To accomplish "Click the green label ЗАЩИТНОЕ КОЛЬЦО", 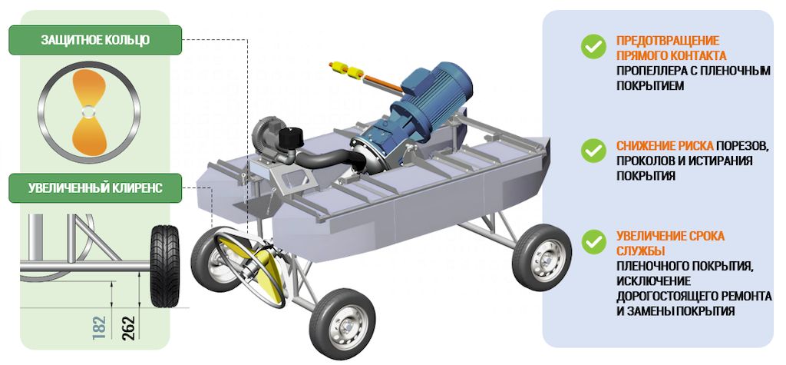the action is point(95,40).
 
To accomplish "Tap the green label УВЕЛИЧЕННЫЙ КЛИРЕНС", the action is point(95,188).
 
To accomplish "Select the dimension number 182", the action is point(100,327).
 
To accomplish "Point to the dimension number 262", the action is point(129,327).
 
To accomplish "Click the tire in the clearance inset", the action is point(164,266).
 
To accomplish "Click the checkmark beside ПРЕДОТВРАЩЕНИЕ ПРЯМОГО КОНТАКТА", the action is point(594,47).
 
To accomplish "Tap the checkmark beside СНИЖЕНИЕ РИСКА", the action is point(594,150).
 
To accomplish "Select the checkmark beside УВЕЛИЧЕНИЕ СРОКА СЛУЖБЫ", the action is point(594,241).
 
